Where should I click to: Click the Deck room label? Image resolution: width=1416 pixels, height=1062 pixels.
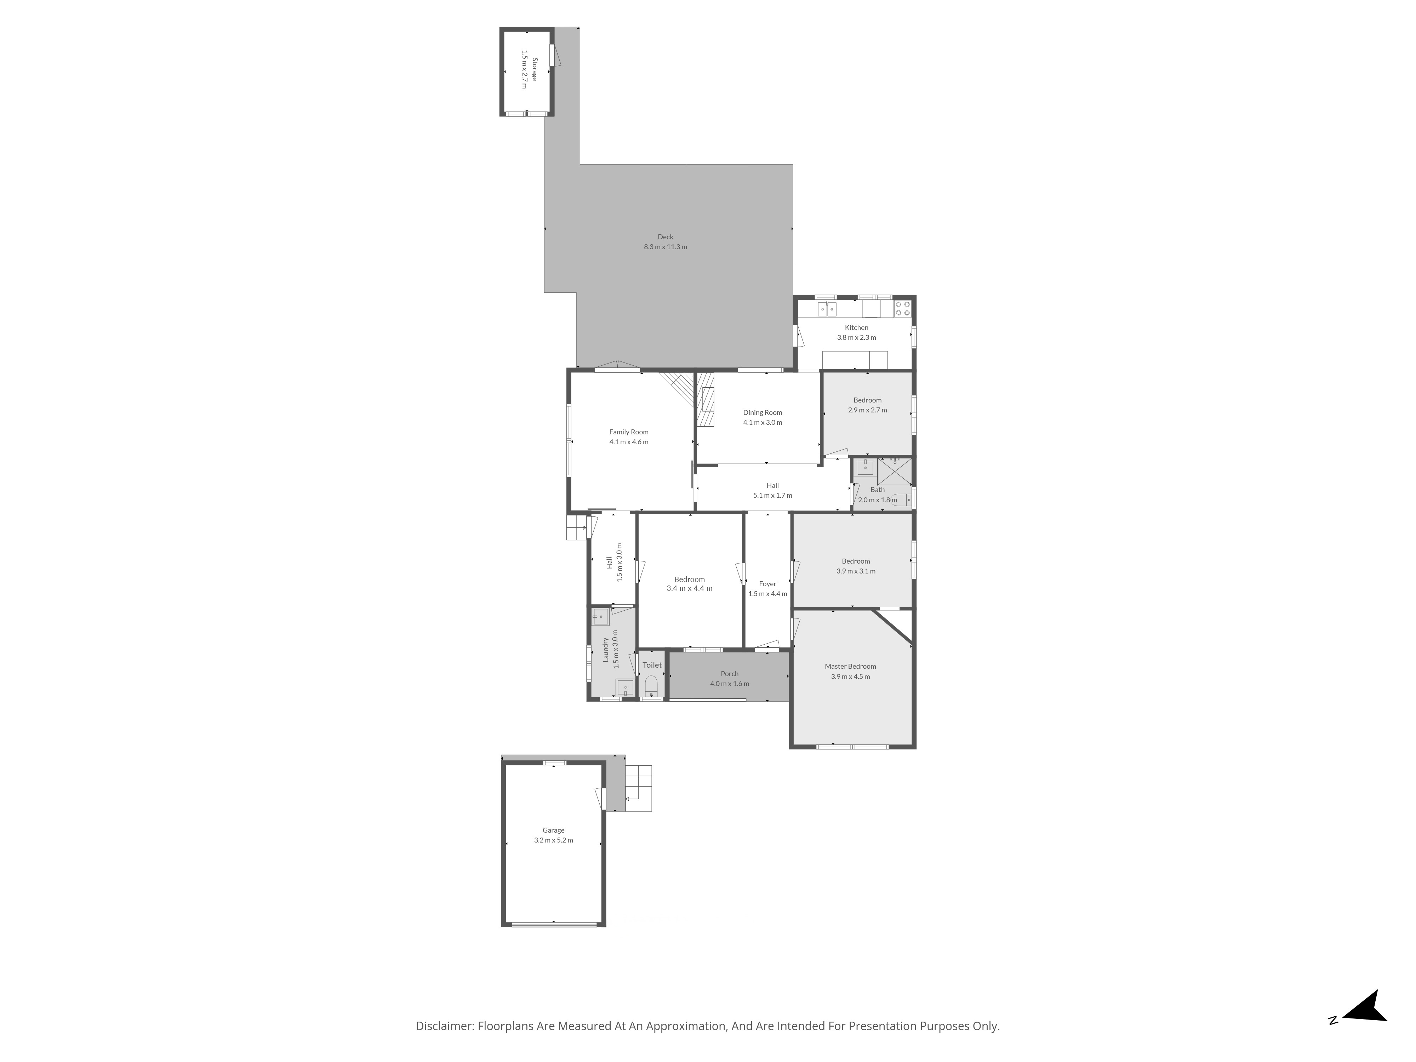pos(665,237)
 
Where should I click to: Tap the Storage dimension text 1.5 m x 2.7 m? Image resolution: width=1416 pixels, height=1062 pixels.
pos(525,69)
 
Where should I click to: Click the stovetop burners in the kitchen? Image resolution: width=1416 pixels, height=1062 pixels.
pos(903,309)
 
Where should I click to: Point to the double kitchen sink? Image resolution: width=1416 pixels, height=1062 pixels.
pos(827,309)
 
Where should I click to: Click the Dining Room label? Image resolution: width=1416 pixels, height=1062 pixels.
pos(763,413)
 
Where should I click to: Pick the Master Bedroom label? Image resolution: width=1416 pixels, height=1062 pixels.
pos(850,666)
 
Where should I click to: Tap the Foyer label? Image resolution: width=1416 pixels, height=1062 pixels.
pos(767,584)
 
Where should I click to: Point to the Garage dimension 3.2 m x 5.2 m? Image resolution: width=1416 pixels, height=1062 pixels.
pos(554,840)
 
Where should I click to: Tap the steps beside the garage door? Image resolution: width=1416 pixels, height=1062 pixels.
pos(638,789)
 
